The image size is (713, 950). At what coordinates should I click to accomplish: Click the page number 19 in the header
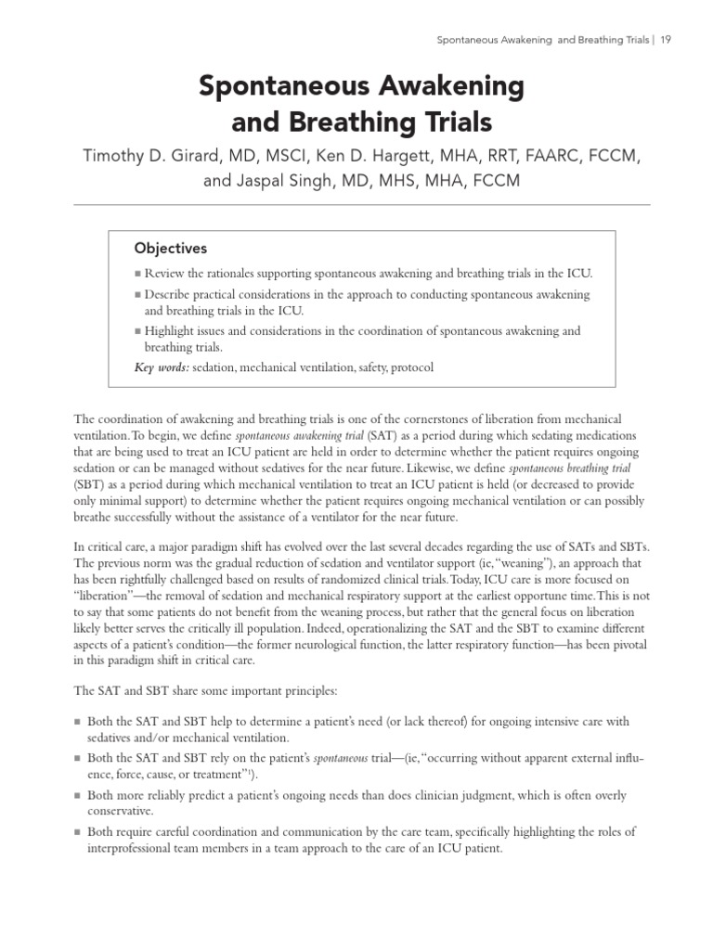(x=666, y=39)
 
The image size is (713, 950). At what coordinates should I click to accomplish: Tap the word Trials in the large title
(x=446, y=122)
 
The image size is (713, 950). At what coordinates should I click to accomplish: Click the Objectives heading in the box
(x=171, y=249)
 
